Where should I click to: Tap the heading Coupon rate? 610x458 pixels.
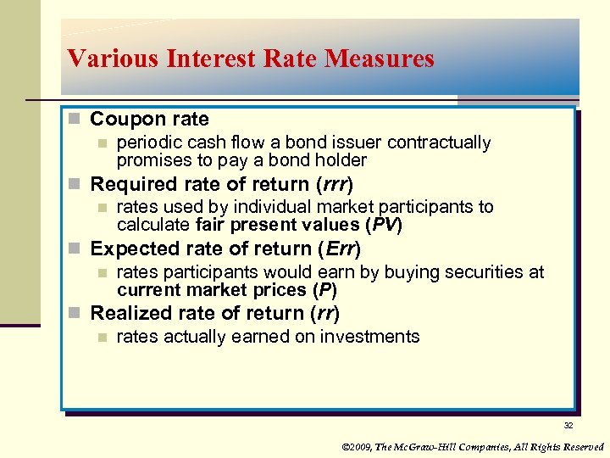149,119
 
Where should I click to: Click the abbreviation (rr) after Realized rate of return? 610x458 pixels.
325,313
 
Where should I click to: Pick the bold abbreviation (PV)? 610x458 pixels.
383,225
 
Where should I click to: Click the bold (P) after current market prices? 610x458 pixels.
324,289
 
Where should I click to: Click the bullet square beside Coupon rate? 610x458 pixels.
77,120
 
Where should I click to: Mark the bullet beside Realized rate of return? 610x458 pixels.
77,314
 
